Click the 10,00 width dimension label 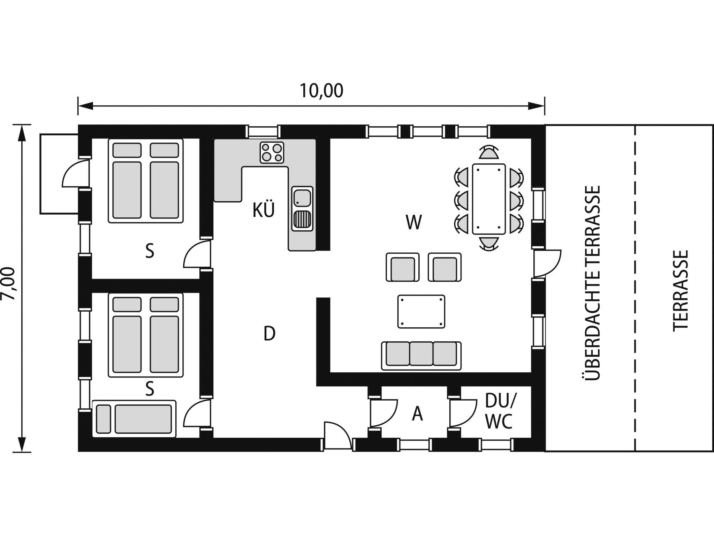pos(321,91)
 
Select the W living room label pos(414,222)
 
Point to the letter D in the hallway pos(269,334)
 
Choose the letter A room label pos(417,414)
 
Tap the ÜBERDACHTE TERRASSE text pos(592,283)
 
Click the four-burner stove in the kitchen pos(272,152)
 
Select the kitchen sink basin pos(302,198)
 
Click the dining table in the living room pos(489,199)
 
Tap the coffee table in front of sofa pos(421,312)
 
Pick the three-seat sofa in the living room pos(421,356)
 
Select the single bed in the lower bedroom pos(134,418)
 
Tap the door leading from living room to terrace pos(547,263)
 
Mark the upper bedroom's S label pos(150,251)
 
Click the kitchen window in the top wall pos(264,132)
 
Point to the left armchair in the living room pos(402,267)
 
